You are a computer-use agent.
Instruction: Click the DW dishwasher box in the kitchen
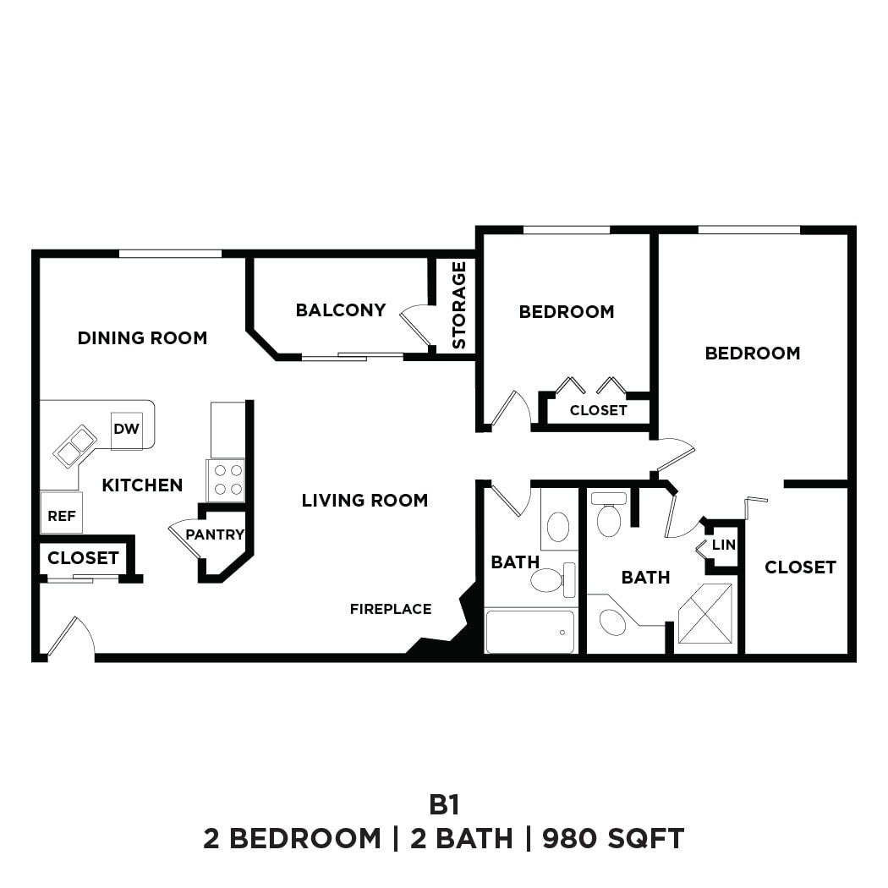pyautogui.click(x=126, y=430)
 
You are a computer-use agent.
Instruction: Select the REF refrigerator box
pyautogui.click(x=62, y=514)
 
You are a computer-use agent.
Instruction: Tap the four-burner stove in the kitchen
pyautogui.click(x=226, y=480)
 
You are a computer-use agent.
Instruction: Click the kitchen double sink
pyautogui.click(x=75, y=446)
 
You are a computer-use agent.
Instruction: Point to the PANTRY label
pyautogui.click(x=215, y=534)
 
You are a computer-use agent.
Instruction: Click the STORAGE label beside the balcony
pyautogui.click(x=459, y=305)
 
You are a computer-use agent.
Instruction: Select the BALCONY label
pyautogui.click(x=340, y=310)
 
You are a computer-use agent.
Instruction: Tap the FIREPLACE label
pyautogui.click(x=391, y=609)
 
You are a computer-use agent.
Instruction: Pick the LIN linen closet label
pyautogui.click(x=724, y=545)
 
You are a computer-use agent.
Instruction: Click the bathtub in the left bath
pyautogui.click(x=530, y=632)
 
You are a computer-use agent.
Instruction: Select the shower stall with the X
pyautogui.click(x=705, y=614)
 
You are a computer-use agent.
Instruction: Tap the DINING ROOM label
pyautogui.click(x=142, y=338)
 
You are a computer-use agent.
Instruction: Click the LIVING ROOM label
pyautogui.click(x=365, y=501)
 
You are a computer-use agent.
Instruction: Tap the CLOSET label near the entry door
pyautogui.click(x=83, y=558)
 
